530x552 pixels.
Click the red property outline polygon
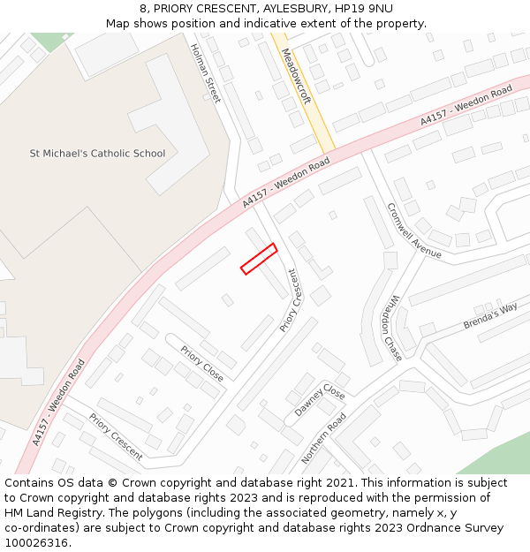(259, 259)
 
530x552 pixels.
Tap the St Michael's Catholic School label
(97, 154)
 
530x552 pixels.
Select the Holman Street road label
(205, 73)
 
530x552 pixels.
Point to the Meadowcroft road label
(296, 77)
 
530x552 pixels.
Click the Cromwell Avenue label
(413, 231)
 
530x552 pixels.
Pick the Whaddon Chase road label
(390, 328)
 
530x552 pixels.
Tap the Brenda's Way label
(490, 316)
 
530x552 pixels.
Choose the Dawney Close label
(319, 400)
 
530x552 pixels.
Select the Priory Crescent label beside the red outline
(289, 300)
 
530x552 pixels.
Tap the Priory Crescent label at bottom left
(115, 437)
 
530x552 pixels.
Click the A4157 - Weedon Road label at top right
(466, 104)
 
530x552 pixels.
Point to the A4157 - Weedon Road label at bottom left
(58, 402)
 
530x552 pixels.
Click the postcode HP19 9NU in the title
(369, 9)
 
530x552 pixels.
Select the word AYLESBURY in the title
(284, 9)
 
